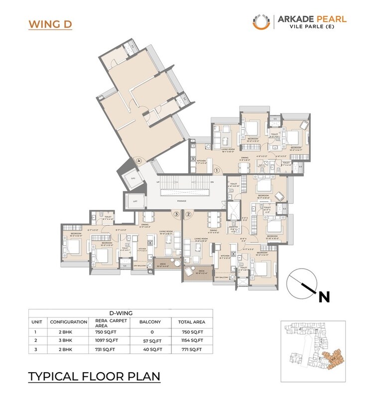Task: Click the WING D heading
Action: [50, 24]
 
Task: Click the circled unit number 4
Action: [139, 160]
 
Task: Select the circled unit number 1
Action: [217, 170]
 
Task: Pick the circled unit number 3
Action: [176, 214]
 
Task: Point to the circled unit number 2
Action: [188, 214]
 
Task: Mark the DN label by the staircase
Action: [212, 183]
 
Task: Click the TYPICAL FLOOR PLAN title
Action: [94, 376]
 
